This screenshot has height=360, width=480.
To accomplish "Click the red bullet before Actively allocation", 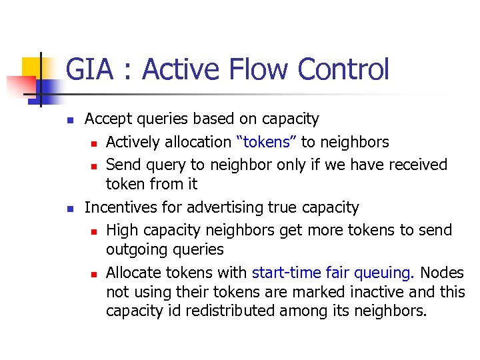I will [x=95, y=143].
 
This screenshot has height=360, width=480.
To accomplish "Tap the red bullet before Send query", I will [x=95, y=165].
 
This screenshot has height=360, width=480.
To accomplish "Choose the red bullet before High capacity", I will [x=95, y=231].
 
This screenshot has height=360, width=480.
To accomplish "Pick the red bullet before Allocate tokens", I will [x=95, y=274].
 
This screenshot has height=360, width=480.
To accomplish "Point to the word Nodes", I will [x=443, y=273].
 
